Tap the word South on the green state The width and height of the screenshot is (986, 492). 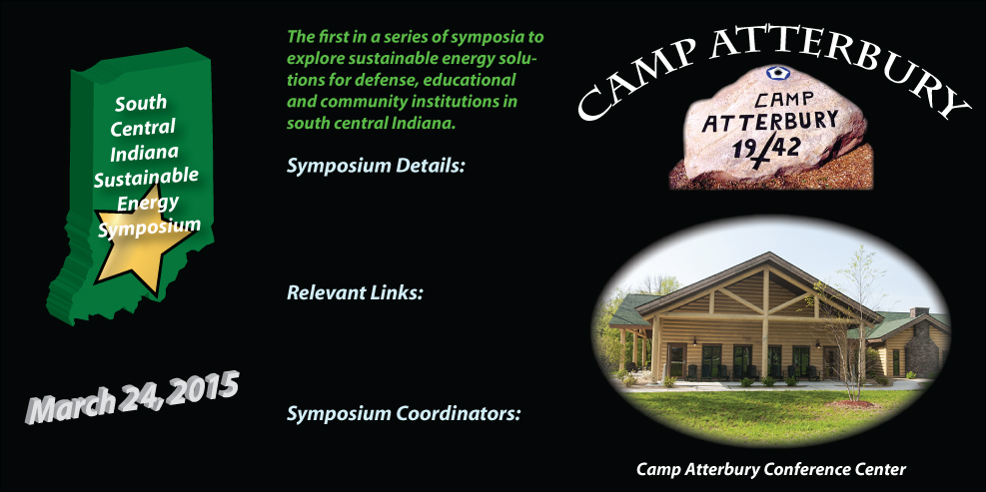(141, 103)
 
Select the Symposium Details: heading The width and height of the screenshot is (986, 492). (376, 167)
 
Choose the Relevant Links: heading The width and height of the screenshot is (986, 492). (355, 292)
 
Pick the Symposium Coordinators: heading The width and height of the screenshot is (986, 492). (404, 415)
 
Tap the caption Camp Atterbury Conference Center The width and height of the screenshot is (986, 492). (771, 469)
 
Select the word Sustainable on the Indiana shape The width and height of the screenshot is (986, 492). (146, 179)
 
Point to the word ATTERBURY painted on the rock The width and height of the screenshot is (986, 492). (769, 122)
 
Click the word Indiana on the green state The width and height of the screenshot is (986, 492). (144, 153)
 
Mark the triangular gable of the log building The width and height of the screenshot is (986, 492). (765, 284)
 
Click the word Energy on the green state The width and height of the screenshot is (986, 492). (148, 204)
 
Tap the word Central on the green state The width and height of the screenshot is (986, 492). (143, 128)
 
